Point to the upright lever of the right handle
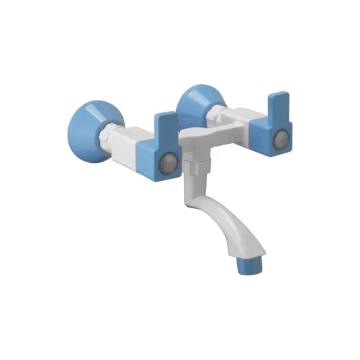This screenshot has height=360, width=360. click(x=278, y=104)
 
